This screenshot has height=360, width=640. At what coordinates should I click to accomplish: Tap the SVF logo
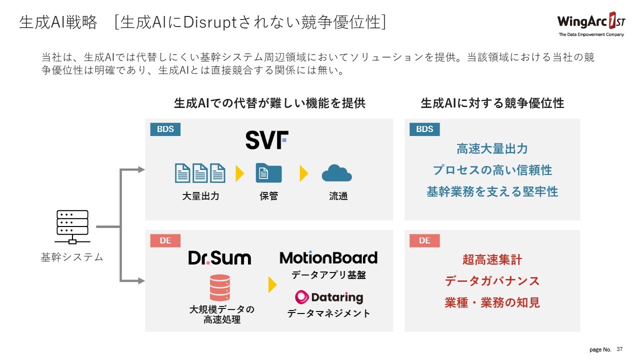click(266, 140)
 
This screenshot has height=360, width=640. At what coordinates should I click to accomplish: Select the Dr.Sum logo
click(219, 258)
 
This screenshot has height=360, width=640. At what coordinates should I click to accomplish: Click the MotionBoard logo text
click(328, 258)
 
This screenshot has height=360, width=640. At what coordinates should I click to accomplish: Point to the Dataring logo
click(329, 297)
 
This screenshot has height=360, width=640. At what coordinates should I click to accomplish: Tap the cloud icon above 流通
click(336, 173)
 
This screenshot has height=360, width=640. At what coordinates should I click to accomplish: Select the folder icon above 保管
click(268, 173)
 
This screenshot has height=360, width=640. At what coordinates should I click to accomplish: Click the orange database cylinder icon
click(220, 287)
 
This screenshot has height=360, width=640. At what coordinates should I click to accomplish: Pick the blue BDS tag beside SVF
click(165, 129)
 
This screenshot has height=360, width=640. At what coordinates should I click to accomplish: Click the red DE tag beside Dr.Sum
click(165, 241)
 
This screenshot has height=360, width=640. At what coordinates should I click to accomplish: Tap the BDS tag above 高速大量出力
click(424, 129)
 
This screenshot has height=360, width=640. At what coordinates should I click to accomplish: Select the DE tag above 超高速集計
click(424, 241)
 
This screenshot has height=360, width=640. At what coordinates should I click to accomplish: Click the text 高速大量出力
click(492, 149)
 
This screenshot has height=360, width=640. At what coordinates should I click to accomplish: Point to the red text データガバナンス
click(492, 281)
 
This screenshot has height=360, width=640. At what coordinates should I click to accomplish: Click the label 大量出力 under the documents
click(200, 196)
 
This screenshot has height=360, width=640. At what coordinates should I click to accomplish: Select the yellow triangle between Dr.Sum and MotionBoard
click(272, 285)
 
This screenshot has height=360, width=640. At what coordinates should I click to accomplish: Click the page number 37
click(620, 348)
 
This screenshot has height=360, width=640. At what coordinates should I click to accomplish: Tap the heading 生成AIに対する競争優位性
click(492, 103)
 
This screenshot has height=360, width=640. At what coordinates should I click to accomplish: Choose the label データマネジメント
click(328, 313)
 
